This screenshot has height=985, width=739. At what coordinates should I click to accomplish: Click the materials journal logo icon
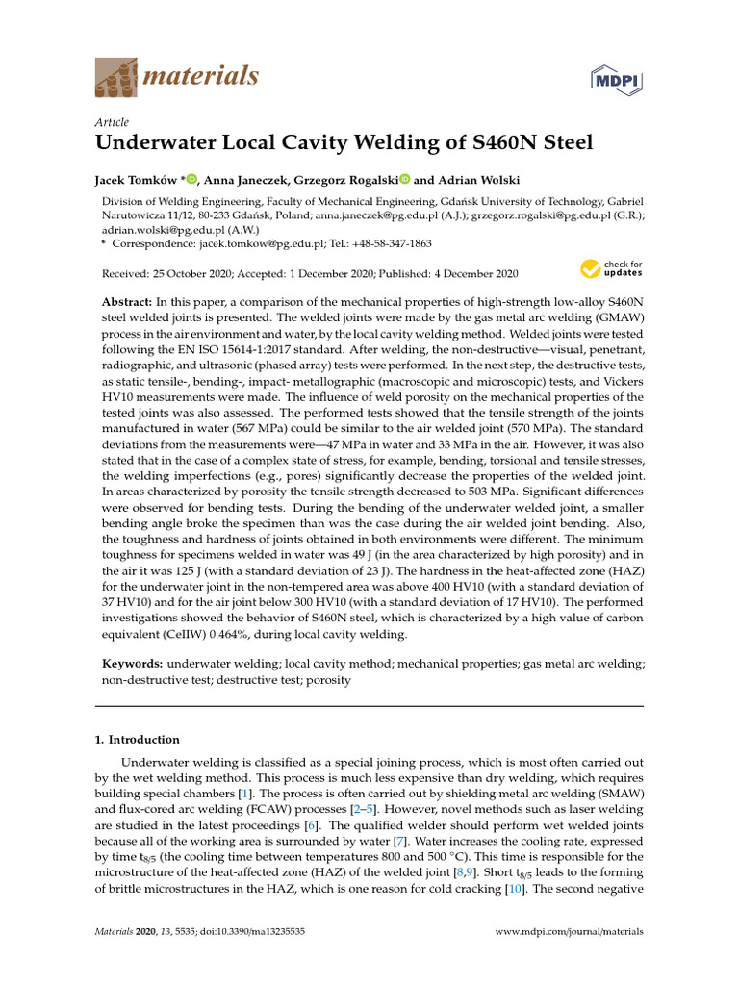point(115,78)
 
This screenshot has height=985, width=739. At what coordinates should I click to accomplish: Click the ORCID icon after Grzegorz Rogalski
point(404,179)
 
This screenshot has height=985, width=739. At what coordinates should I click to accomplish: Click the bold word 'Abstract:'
point(132,301)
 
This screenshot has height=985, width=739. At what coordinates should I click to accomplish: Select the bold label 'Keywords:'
point(133,664)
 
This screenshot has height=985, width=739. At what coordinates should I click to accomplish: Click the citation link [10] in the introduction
point(514,889)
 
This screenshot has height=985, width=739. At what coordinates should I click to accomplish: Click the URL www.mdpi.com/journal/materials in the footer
point(569,932)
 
